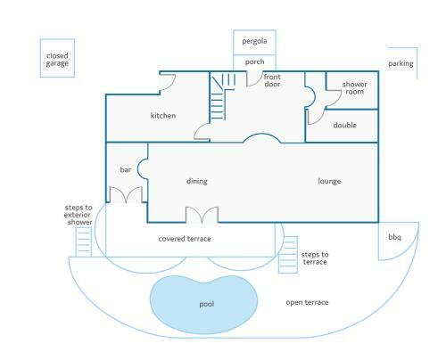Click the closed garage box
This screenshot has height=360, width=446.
click(40, 58)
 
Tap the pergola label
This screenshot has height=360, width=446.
click(254, 41)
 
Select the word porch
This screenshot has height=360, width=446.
click(254, 61)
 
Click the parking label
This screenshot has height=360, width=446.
click(401, 63)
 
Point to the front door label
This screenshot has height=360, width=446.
click(272, 80)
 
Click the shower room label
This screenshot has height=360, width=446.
click(354, 88)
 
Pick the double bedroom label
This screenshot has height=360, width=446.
click(345, 125)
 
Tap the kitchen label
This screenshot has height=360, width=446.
click(163, 115)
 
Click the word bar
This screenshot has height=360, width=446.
click(125, 169)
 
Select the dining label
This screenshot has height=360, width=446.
click(197, 181)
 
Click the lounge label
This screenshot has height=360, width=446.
click(329, 181)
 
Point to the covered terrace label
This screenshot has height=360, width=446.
click(185, 239)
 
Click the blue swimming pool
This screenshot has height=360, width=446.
click(203, 305)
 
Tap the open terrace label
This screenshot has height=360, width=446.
click(307, 302)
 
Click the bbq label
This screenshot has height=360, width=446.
click(394, 237)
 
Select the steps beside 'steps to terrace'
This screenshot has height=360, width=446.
click(288, 255)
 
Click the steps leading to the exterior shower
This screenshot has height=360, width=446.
click(83, 241)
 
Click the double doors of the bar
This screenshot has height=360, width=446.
click(126, 195)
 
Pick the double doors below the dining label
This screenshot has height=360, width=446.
click(202, 215)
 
